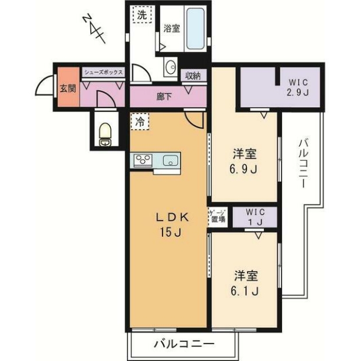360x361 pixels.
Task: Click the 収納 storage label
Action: (193, 76)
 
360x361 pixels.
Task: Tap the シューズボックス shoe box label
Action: (103, 73)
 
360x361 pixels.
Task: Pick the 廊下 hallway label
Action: (164, 96)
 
